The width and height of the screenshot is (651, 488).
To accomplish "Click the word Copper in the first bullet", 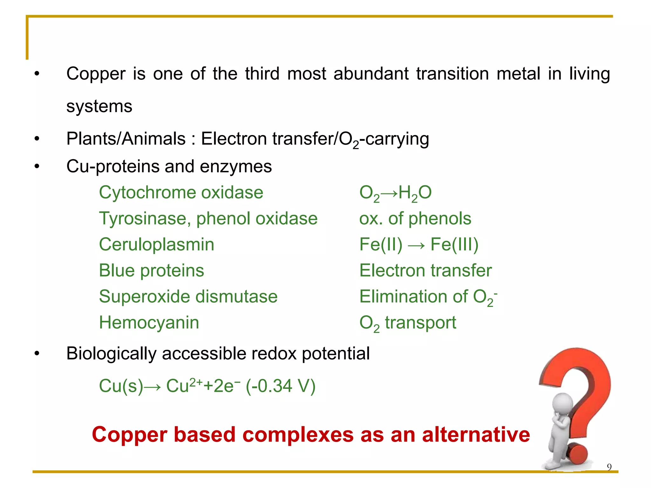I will click(x=96, y=74).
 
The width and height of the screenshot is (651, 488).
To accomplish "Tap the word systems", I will click(x=99, y=106).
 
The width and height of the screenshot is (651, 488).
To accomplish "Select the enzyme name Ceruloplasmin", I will click(x=156, y=245).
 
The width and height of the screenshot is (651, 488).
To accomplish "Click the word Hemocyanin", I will click(x=149, y=323).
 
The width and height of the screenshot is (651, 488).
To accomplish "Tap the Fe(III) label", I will click(x=454, y=245).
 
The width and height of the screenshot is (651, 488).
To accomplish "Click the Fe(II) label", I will click(x=380, y=245).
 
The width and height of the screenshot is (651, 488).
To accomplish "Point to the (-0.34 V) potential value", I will click(x=281, y=386).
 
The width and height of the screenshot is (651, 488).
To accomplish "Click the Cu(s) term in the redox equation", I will click(x=121, y=386).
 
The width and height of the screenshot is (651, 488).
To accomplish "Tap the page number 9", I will click(x=609, y=467).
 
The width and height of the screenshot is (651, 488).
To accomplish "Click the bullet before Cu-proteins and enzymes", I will click(x=37, y=166).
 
